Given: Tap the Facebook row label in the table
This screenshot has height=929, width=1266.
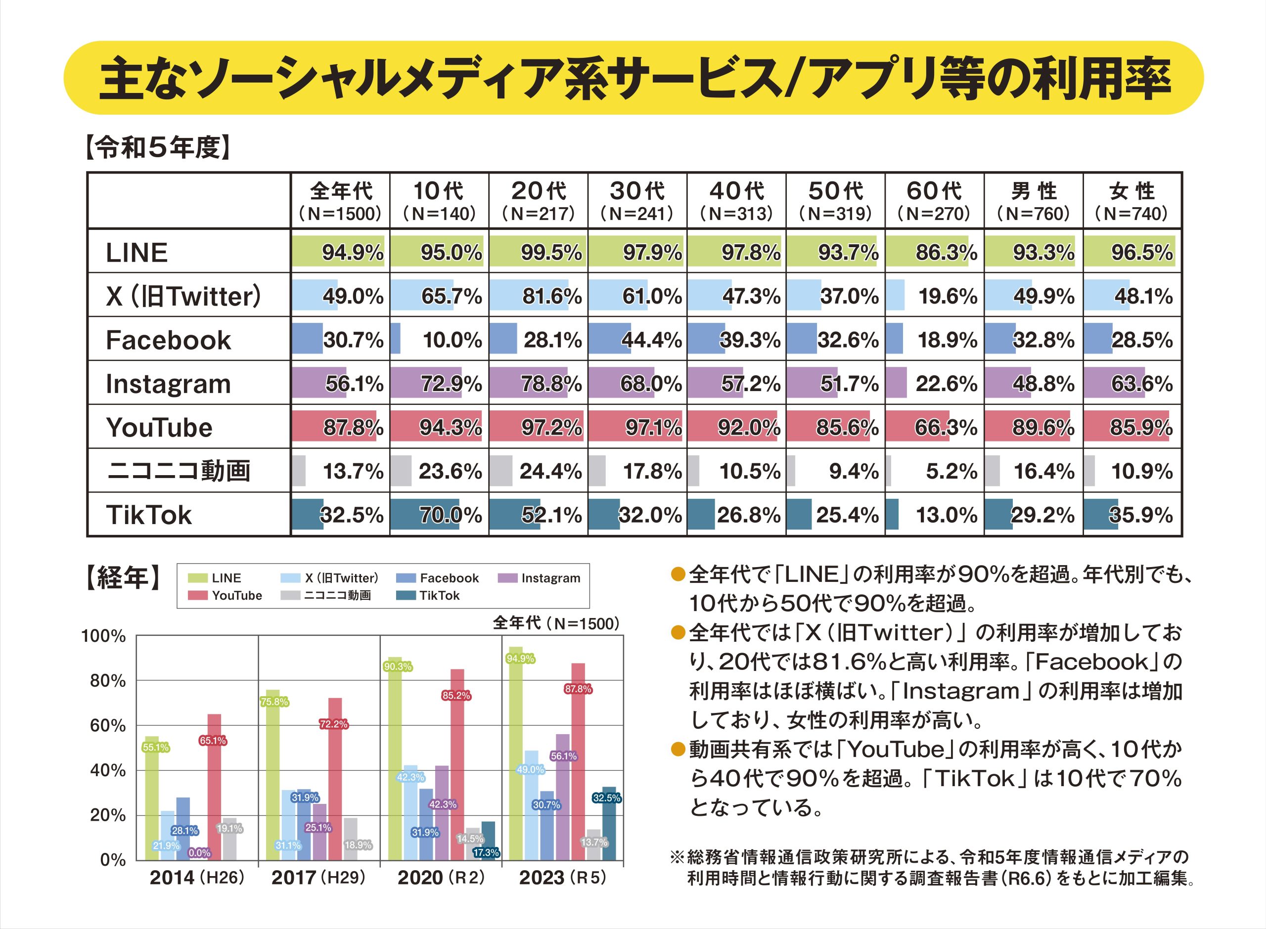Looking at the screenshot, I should [x=168, y=340].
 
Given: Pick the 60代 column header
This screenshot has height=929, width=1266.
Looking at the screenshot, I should [x=934, y=201].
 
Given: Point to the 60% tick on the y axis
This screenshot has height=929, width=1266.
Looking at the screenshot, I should [x=108, y=726].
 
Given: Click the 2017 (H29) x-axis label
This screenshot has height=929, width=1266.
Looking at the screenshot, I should [x=318, y=878].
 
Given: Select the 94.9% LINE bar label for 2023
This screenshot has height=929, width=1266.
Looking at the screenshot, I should [x=520, y=659].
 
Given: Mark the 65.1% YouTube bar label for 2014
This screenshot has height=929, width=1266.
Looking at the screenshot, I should [x=213, y=741].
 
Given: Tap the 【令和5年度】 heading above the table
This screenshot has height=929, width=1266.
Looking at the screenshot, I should [x=157, y=148].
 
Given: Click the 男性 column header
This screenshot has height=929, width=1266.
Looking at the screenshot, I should [x=1033, y=201].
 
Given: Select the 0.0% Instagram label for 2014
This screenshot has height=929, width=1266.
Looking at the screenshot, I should [x=199, y=853].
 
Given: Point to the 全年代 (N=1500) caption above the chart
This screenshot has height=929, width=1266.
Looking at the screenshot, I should [x=556, y=623].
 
